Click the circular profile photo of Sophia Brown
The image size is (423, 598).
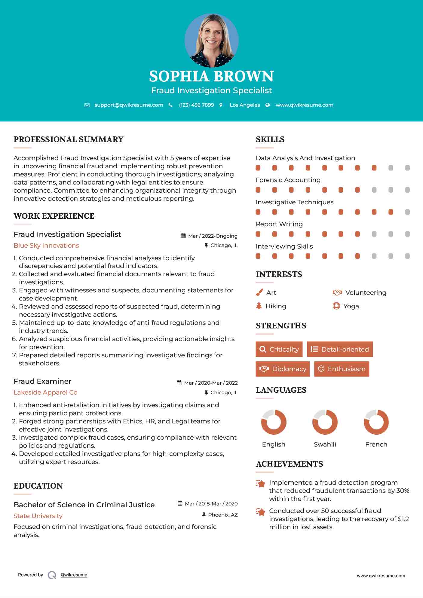(211, 40)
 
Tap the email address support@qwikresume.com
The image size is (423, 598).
(129, 105)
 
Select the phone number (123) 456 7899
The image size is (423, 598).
(196, 105)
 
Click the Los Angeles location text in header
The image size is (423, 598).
(244, 105)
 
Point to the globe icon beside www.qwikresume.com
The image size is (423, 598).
(268, 105)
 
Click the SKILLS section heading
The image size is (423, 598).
(270, 139)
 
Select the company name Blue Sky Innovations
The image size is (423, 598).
(46, 246)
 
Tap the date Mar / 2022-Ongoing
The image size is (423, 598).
(213, 236)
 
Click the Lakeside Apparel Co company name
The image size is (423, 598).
(45, 392)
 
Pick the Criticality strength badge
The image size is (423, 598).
(279, 349)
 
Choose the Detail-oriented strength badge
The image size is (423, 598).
(340, 349)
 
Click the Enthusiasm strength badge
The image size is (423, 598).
(342, 369)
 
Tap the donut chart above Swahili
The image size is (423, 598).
(325, 422)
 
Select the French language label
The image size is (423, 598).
(376, 444)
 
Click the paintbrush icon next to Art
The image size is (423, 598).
(259, 292)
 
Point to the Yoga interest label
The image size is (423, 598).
(351, 306)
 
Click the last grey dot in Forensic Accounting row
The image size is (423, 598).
(407, 190)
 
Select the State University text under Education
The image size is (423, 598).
(38, 516)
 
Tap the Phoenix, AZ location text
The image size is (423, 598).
(223, 515)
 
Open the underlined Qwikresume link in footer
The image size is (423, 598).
(74, 575)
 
